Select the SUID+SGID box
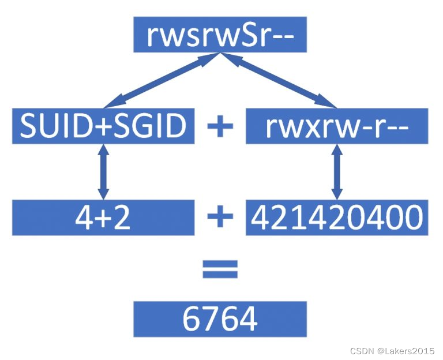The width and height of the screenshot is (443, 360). (103, 127)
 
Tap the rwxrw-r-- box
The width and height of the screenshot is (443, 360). (337, 127)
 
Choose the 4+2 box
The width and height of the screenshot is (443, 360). (103, 218)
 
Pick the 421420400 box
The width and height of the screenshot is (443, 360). (337, 218)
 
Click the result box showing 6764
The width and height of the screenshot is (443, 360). (220, 319)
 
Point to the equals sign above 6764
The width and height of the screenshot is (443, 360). (220, 269)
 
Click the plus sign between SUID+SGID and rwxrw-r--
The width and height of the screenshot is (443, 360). (219, 127)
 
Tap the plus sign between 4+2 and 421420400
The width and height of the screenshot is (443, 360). (219, 218)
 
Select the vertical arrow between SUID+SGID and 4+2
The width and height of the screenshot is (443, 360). (103, 172)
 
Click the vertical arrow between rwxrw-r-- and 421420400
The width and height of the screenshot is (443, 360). (337, 172)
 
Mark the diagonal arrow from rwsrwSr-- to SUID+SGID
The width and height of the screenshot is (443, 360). (162, 81)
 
